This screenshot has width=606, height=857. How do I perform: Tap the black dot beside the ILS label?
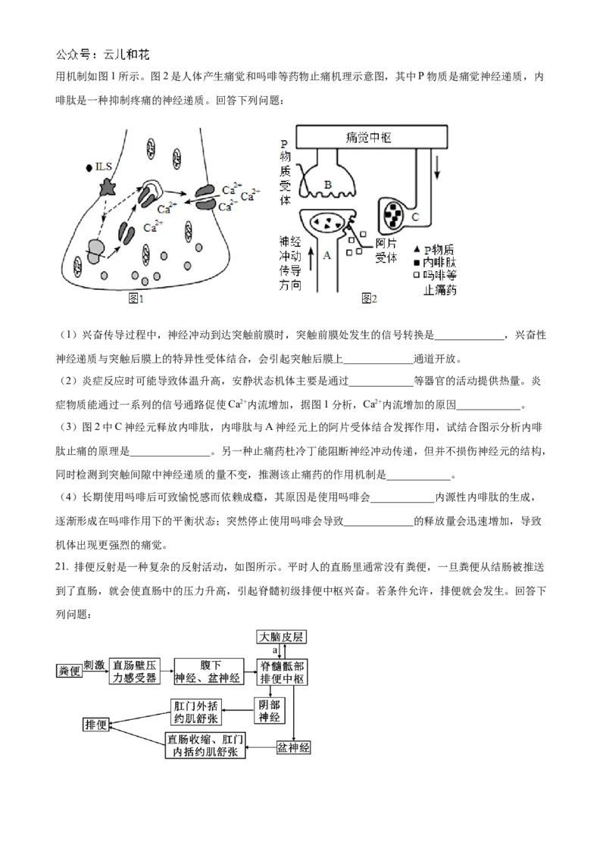click(89, 167)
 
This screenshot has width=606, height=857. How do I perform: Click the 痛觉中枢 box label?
click(368, 137)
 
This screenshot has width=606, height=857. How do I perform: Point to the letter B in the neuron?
click(328, 184)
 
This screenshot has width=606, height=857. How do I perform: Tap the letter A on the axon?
click(327, 256)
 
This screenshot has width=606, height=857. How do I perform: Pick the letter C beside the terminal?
click(415, 217)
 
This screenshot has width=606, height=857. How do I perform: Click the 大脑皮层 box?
click(280, 636)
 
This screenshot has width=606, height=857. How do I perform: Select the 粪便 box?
click(69, 671)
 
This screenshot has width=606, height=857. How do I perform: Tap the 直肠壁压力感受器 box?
click(136, 671)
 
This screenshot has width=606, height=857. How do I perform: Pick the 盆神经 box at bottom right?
click(294, 747)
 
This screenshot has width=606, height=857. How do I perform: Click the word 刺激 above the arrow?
click(94, 660)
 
